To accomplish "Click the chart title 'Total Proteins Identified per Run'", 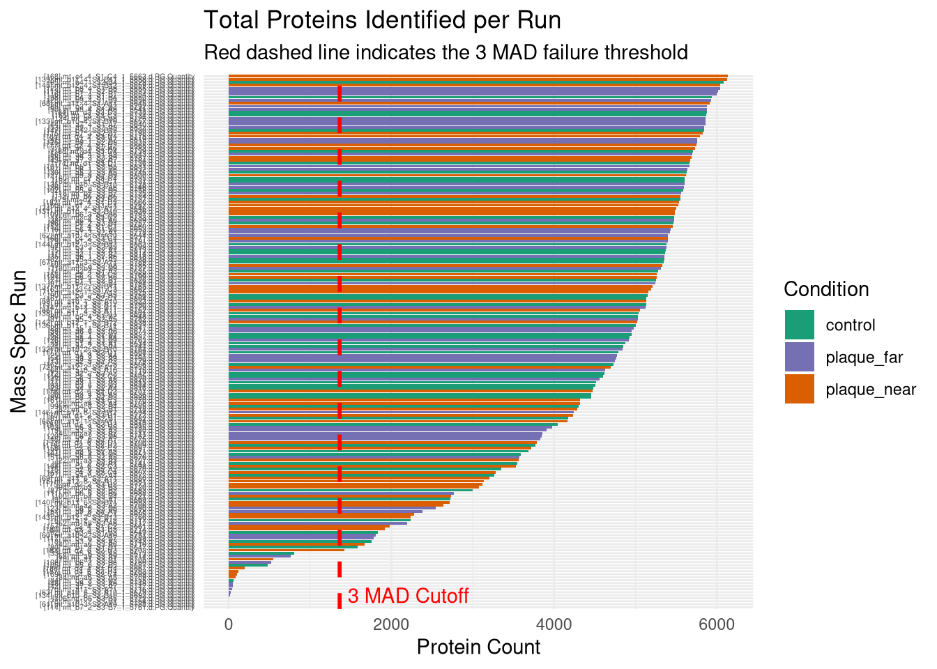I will tap(382, 20).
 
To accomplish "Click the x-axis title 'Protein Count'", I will tap(478, 647).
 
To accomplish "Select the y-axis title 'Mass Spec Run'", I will tap(19, 341).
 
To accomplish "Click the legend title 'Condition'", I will tap(826, 289).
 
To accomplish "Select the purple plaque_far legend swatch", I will tap(799, 357).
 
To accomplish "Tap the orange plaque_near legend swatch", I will tap(799, 389).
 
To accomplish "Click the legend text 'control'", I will tap(850, 325).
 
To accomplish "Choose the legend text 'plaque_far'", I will tap(864, 358).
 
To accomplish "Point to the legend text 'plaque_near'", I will tap(871, 390).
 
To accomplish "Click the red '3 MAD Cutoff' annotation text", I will tap(408, 597).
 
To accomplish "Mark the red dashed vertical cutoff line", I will tap(340, 348).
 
